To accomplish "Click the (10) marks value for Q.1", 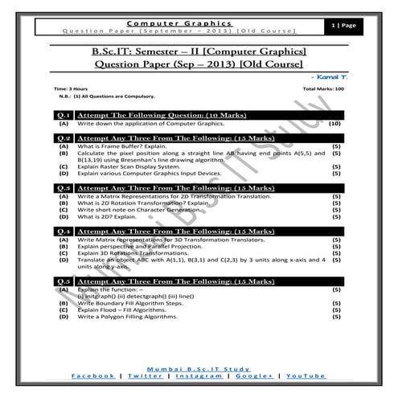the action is click(334, 125).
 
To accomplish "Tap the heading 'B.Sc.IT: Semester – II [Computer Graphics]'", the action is click(199, 51).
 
